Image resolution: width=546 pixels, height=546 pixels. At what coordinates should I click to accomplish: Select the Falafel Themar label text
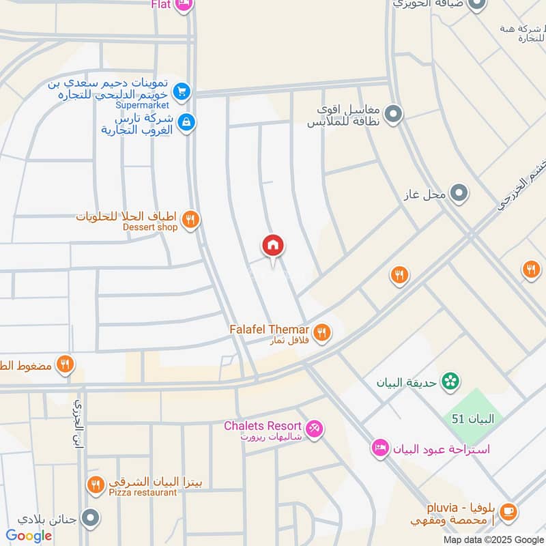[x=269, y=329]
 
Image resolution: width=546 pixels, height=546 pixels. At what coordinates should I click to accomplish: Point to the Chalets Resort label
[x=263, y=426]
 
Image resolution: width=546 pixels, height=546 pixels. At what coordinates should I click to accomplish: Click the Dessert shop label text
[x=149, y=227]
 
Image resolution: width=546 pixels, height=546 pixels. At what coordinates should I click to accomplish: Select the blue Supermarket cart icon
[x=181, y=91]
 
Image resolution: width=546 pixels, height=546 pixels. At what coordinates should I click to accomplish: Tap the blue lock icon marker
[x=185, y=123]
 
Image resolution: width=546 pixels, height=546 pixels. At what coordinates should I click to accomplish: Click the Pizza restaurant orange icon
[x=96, y=485]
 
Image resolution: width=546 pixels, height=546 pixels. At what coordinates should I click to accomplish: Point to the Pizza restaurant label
[x=141, y=492]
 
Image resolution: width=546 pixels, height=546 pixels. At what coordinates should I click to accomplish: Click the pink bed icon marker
[x=380, y=448]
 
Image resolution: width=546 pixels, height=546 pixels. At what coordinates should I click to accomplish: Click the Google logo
[x=29, y=535]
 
